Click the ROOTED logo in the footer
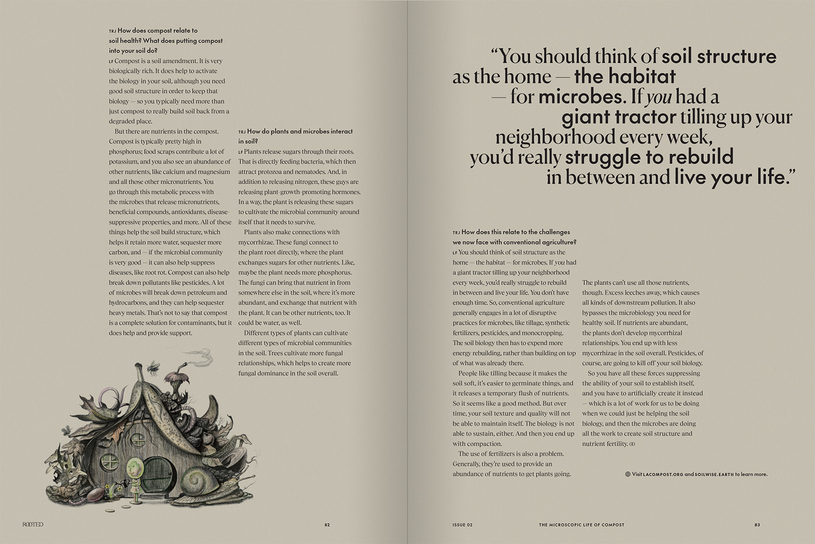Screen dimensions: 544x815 (x=33, y=525)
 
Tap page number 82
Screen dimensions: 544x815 (x=327, y=525)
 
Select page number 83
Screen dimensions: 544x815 (x=757, y=525)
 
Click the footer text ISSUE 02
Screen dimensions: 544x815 (x=463, y=525)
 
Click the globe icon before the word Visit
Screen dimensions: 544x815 (x=628, y=474)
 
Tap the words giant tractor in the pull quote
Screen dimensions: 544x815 (x=618, y=117)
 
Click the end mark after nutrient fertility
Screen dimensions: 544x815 (x=632, y=444)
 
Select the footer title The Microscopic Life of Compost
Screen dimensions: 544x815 (x=581, y=525)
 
